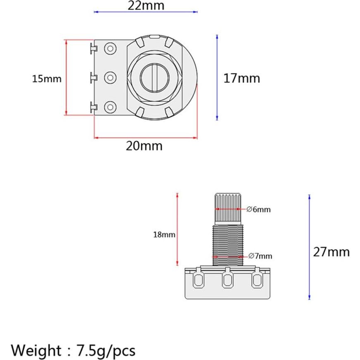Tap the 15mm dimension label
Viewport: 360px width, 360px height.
[x=47, y=79]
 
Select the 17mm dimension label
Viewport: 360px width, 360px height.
[x=242, y=78]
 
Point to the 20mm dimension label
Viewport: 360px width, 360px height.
[x=144, y=146]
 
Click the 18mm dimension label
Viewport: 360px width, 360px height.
[x=164, y=235]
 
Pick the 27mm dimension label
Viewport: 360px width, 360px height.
[x=331, y=252]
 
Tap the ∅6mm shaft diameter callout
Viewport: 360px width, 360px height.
[x=259, y=209]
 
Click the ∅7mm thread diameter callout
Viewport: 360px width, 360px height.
[x=260, y=256]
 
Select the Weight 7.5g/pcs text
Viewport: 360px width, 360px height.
[x=73, y=350]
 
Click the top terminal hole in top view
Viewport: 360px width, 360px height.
[x=110, y=49]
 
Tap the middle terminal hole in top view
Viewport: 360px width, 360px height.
[x=110, y=77]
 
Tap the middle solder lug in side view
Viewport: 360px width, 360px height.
[x=227, y=281]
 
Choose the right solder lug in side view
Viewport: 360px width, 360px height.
[x=257, y=280]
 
